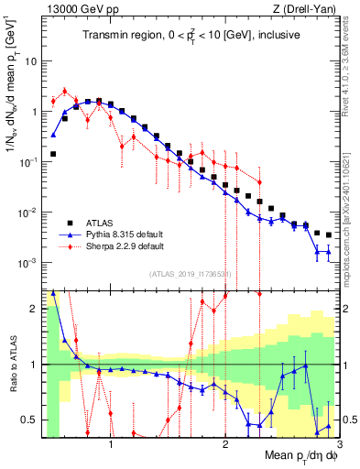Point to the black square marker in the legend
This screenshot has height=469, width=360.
pos(70,223)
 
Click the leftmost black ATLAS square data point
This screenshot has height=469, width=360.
pos(53,154)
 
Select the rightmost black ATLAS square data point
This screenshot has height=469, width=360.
pos(328,234)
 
